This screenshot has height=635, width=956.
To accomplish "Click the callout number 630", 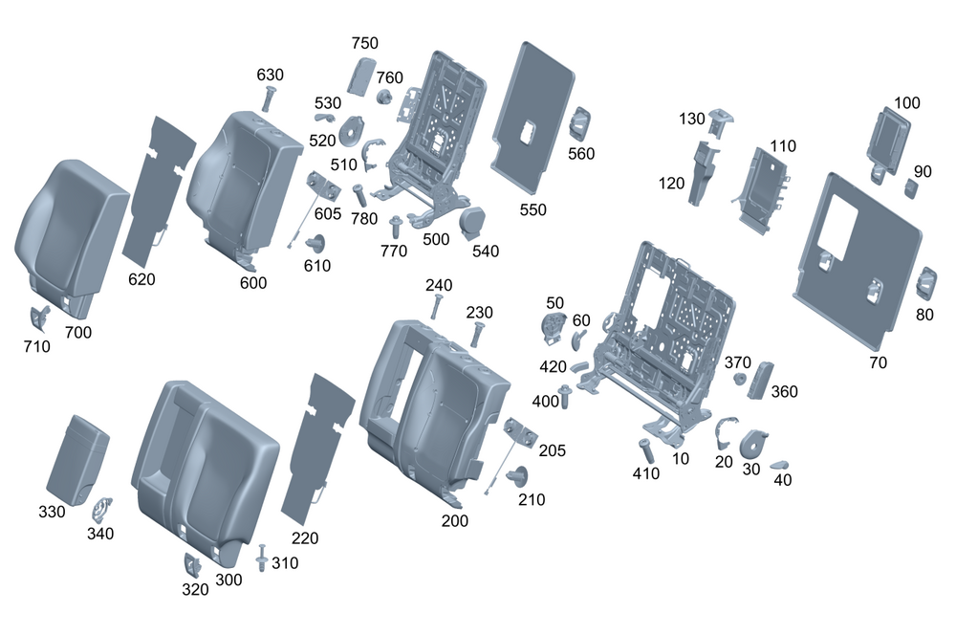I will coord(271,75).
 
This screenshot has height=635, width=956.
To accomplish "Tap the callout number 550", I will coord(533,208).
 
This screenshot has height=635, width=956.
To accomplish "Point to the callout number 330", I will coord(53,512).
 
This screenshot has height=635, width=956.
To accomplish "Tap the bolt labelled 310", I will coord(261,558).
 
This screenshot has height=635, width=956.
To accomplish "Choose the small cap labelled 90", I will coord(911,187).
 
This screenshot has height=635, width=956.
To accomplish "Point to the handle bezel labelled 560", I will coord(580,122).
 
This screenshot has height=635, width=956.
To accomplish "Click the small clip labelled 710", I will coord(39,319).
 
